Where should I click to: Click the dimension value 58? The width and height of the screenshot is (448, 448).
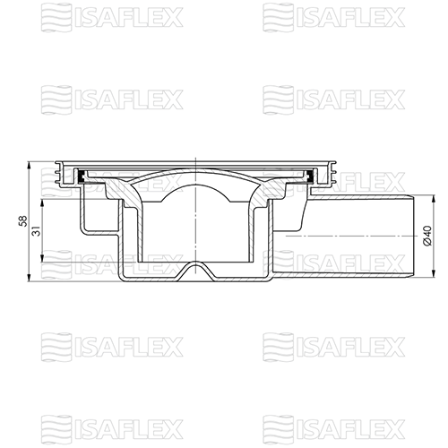(23, 221)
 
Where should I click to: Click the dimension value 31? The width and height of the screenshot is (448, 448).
(36, 230)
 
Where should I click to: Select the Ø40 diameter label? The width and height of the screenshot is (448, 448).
(427, 236)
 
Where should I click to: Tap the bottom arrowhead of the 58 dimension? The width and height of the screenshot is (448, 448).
(30, 277)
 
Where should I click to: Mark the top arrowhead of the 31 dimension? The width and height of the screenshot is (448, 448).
(42, 203)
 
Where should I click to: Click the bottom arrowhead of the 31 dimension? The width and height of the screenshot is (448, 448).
(42, 258)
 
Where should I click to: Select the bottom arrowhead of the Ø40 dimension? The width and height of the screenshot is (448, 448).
(434, 272)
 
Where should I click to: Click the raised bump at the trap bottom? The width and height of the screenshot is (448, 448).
(195, 267)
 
